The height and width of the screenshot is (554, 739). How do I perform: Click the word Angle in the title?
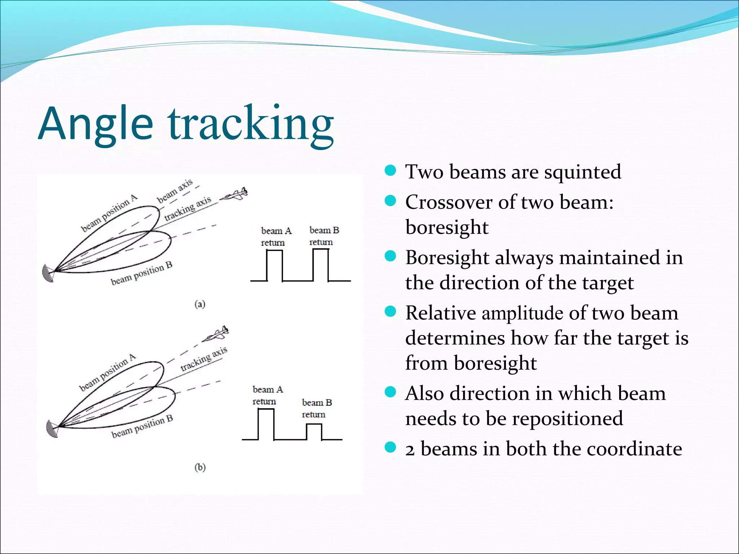(x=95, y=124)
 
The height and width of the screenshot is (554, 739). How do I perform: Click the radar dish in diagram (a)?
(x=48, y=273)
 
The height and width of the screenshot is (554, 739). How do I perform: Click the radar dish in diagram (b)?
(x=52, y=429)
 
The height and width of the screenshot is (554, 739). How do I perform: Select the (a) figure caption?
(x=200, y=304)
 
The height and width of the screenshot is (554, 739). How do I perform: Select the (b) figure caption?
(x=200, y=467)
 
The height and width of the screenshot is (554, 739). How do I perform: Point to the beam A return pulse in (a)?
(x=275, y=265)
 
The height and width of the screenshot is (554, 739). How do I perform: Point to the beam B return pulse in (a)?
(x=321, y=265)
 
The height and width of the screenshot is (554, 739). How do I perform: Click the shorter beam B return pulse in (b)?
(x=314, y=432)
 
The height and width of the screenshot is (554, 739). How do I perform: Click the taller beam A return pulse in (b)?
(x=266, y=425)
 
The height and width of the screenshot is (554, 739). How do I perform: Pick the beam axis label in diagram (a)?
(x=175, y=191)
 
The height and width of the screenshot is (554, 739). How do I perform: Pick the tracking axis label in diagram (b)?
(x=204, y=359)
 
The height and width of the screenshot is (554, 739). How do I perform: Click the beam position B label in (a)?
(x=141, y=273)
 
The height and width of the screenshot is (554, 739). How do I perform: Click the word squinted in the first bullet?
(x=582, y=172)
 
